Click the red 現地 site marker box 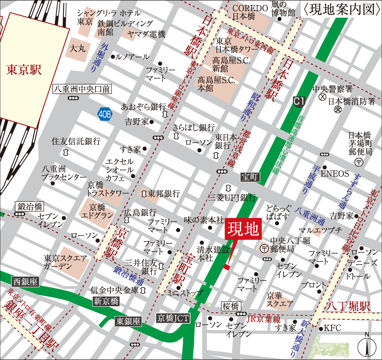[x=243, y=230]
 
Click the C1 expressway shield [x=299, y=102]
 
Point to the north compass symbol [x=367, y=346]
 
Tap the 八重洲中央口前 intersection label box [x=82, y=90]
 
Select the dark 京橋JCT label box [x=173, y=318]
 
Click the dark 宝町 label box [x=250, y=177]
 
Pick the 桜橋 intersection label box [x=231, y=307]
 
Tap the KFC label [x=334, y=328]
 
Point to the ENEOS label [x=338, y=173]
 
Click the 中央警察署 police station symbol [x=322, y=97]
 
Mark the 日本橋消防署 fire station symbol [x=337, y=109]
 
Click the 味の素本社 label [x=204, y=220]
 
